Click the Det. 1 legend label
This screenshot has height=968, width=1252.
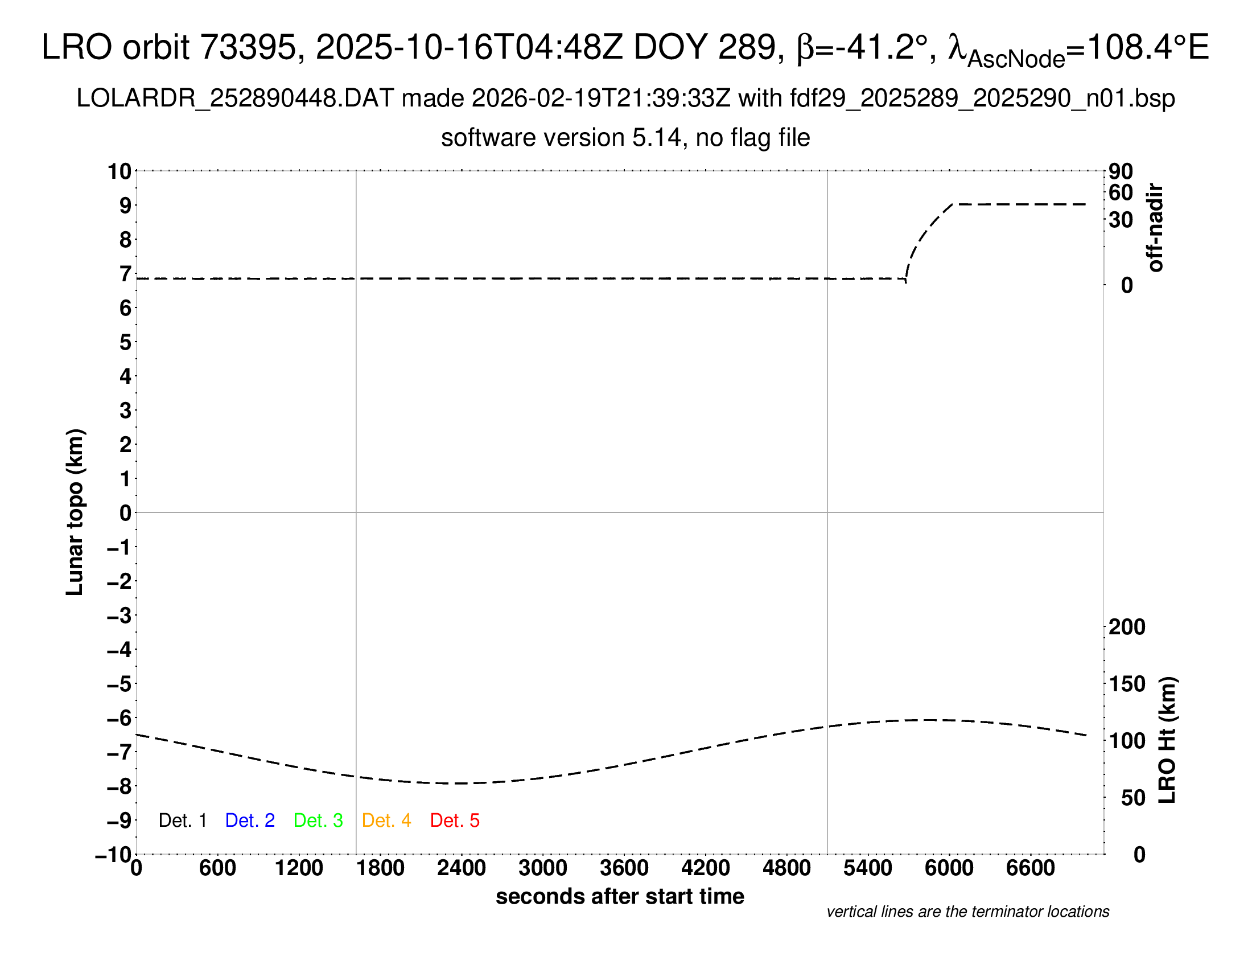(x=182, y=821)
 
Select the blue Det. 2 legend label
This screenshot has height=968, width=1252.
(x=250, y=821)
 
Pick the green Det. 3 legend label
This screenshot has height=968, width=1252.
(x=318, y=821)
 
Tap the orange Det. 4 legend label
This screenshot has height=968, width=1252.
(x=386, y=821)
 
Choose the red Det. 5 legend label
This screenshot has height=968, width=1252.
(x=455, y=821)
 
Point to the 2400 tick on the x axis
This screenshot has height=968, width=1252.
(x=462, y=868)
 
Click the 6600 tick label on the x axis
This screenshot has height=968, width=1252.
(x=1030, y=868)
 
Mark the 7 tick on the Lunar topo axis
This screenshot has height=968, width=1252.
(x=125, y=274)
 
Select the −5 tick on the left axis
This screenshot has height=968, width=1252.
(x=119, y=684)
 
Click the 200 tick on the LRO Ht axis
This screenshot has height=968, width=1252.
(x=1127, y=627)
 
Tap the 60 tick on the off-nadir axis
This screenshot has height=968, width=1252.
(x=1121, y=192)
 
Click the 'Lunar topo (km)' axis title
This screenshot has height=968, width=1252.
(x=75, y=512)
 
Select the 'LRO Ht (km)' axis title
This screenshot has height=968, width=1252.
(x=1167, y=740)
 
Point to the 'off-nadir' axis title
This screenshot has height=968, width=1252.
(x=1156, y=228)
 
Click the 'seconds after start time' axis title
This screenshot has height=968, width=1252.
(x=620, y=896)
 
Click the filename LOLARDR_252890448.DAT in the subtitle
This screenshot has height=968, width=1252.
(x=235, y=99)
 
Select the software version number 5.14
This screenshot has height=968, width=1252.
(x=658, y=138)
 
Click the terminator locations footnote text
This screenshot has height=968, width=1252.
(x=967, y=912)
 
